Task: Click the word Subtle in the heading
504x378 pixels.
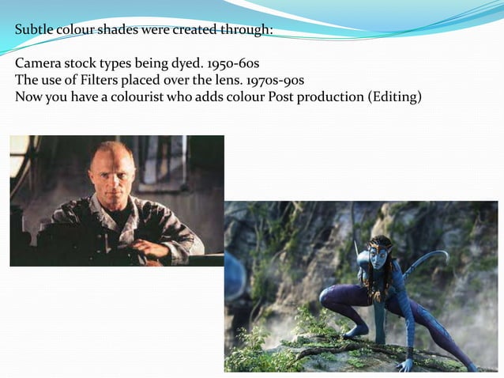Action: click(34, 31)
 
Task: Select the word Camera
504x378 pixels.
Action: click(38, 63)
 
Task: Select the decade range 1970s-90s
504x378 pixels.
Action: click(275, 80)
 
